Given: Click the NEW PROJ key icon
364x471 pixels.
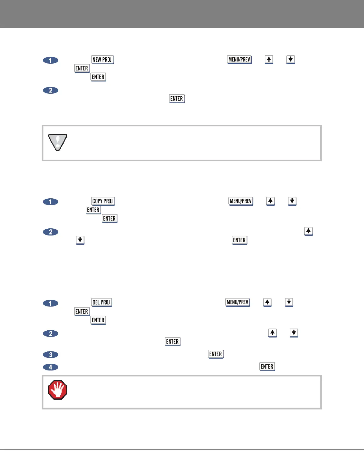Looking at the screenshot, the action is [102, 60].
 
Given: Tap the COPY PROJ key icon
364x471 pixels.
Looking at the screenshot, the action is [103, 201].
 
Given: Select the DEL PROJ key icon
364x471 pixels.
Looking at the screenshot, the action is [101, 302].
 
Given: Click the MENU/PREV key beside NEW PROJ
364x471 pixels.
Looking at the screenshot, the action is [239, 60].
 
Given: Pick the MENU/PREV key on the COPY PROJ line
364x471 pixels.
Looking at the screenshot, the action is [241, 201].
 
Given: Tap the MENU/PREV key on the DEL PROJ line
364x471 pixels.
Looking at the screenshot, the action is [238, 302].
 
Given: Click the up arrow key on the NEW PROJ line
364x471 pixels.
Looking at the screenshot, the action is [269, 60].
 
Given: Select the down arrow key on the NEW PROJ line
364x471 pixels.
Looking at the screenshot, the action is [291, 60].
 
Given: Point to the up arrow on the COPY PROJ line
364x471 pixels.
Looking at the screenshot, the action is [270, 201].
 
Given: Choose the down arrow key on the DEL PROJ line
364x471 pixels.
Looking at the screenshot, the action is [289, 302].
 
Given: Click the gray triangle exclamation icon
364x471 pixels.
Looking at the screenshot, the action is [58, 142].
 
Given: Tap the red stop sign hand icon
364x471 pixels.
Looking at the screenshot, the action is [58, 390].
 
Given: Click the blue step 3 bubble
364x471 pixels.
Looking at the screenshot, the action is [51, 354].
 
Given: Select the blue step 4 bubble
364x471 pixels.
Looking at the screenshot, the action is [51, 367].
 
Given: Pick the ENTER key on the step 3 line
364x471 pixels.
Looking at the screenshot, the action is [216, 354].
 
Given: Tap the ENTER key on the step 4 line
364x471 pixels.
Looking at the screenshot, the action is [267, 367].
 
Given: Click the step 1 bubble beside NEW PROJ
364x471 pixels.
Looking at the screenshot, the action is [51, 60].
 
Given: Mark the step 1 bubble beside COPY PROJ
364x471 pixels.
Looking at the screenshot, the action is [51, 202].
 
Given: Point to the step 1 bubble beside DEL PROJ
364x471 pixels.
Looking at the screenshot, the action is [51, 303].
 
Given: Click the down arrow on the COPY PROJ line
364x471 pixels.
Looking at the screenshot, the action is [292, 201].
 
